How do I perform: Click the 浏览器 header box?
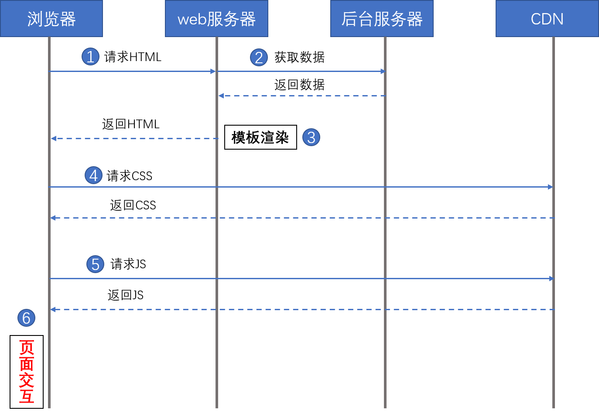(51, 19)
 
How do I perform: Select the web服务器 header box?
(216, 19)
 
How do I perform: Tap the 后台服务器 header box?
(382, 19)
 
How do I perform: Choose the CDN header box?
(547, 19)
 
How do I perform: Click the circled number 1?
(90, 57)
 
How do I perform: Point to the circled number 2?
(259, 58)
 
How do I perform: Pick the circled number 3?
(311, 137)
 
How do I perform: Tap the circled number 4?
(93, 175)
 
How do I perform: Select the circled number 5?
(95, 264)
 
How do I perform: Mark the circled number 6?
(26, 318)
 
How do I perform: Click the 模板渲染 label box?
(260, 137)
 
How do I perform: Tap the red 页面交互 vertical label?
(27, 372)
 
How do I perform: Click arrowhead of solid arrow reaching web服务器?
(213, 71)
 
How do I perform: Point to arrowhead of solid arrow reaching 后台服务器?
(383, 71)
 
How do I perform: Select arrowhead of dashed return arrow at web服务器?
(221, 96)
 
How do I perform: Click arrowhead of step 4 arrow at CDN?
(551, 187)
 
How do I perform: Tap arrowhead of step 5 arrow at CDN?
(551, 278)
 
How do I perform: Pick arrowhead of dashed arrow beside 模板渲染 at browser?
(53, 138)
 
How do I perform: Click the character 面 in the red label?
(27, 364)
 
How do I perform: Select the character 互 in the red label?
(27, 397)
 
